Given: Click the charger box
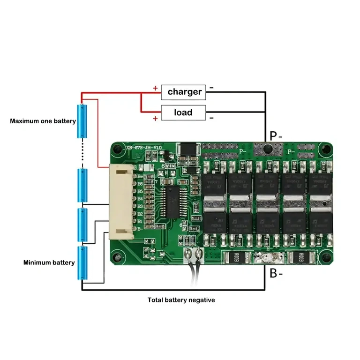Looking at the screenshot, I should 184,91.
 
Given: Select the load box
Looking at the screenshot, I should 183,112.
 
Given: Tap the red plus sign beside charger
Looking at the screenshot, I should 155,88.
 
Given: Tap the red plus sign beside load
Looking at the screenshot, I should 155,118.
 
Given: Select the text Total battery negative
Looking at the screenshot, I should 181,300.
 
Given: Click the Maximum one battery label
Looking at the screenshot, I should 43,121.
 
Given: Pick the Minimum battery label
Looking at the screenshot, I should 49,262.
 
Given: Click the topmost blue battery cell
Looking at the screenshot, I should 83,121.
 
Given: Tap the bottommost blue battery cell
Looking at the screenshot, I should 83,263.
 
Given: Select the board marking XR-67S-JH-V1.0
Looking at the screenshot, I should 144,147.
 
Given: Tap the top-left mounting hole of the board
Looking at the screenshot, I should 117,149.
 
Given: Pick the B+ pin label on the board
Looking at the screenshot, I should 140,177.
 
